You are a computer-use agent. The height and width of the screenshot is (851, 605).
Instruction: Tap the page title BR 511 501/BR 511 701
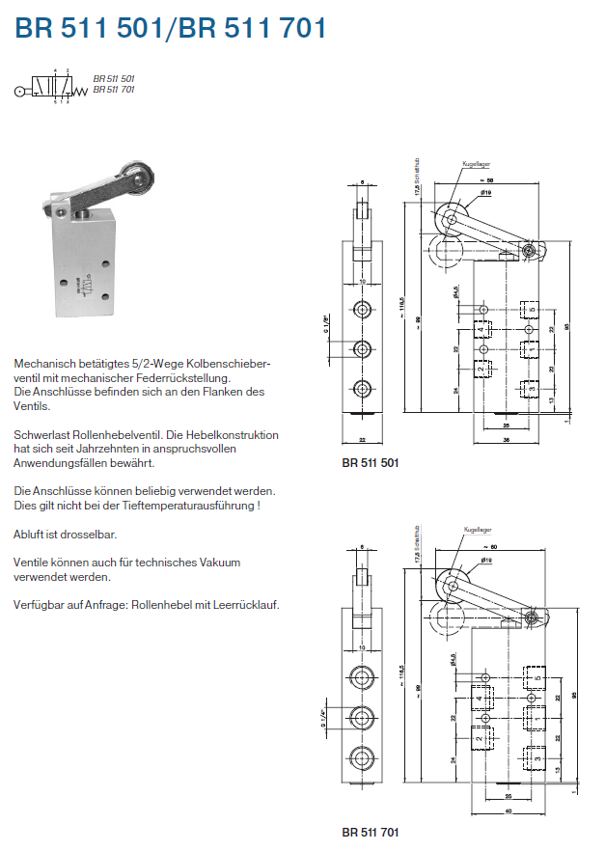pyautogui.click(x=171, y=29)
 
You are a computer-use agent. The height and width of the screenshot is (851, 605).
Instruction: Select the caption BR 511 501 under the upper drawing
pyautogui.click(x=371, y=462)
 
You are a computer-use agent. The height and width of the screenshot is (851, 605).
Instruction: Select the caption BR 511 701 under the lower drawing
pyautogui.click(x=371, y=831)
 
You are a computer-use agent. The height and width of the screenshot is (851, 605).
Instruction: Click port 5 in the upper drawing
pyautogui.click(x=527, y=311)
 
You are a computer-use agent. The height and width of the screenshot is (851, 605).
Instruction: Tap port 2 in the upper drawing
pyautogui.click(x=481, y=369)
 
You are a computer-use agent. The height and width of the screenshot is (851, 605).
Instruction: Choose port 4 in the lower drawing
pyautogui.click(x=479, y=697)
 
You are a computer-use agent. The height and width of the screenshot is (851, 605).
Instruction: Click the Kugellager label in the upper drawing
pyautogui.click(x=477, y=163)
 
